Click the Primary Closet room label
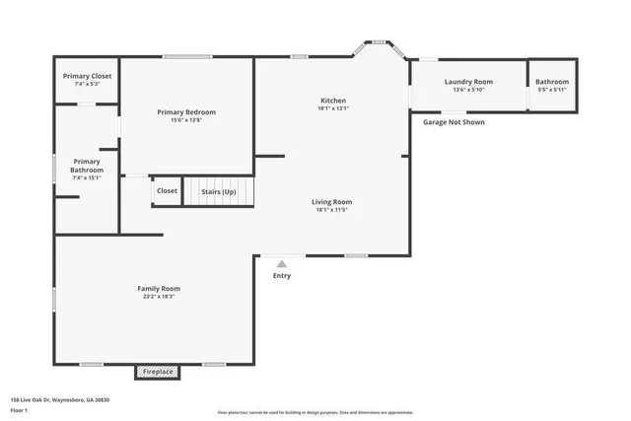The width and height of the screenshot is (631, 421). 87,76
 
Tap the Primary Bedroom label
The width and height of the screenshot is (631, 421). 186,111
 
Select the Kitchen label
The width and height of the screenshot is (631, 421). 333,101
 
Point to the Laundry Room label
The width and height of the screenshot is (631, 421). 468,82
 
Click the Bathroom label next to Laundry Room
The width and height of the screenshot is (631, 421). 552,82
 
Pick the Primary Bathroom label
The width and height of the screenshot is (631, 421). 87,165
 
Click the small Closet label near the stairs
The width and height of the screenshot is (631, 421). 167,190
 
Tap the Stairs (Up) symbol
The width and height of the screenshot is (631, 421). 218,190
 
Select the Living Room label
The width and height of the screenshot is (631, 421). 333,201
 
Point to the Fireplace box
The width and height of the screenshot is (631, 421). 158,372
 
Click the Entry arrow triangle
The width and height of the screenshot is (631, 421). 282,263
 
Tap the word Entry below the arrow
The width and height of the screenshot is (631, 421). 282,275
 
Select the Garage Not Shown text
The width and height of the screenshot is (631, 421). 454,122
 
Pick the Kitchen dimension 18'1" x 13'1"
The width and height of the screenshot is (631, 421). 333,108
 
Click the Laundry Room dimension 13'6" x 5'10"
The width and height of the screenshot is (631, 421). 468,90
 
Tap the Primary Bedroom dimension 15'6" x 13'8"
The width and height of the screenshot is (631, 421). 186,119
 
